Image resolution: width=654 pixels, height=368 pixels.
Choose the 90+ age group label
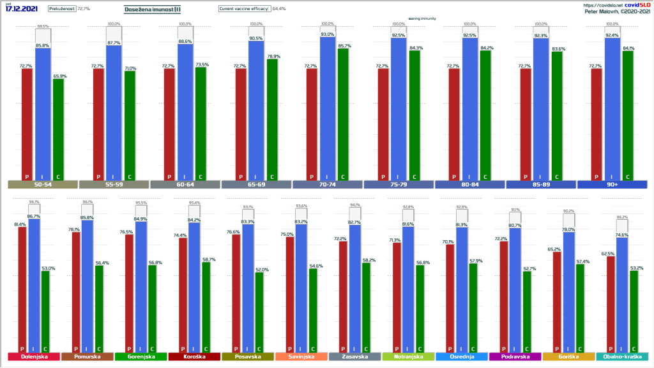coord(612,185)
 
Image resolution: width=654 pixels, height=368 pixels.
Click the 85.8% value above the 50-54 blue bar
coord(43,45)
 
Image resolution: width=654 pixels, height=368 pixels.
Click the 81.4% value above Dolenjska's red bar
coord(19,224)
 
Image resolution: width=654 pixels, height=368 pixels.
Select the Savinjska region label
coord(301,356)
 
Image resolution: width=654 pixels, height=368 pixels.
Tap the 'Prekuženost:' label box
coord(61,10)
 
